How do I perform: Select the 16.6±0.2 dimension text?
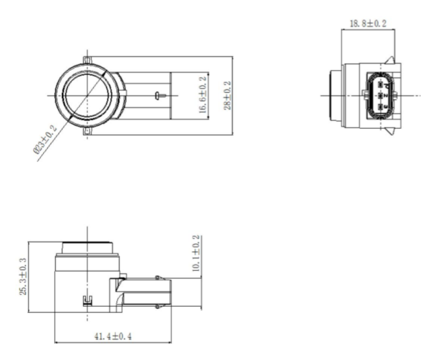coord(203,96)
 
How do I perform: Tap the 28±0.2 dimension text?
coord(227,96)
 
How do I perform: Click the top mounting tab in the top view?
coord(86,60)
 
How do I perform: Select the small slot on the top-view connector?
coord(157,96)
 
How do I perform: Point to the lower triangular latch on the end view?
coord(397,130)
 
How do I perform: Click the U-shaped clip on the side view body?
coord(86,301)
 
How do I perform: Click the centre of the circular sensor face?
coord(86,96)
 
